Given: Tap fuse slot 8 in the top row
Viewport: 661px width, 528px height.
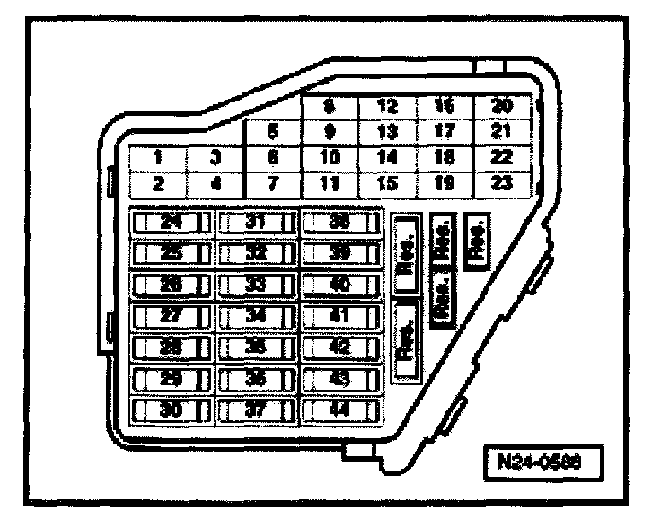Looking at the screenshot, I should [330, 106].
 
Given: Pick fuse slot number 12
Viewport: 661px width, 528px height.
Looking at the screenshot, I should [387, 106].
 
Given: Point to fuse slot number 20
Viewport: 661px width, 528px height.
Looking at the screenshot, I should [503, 106].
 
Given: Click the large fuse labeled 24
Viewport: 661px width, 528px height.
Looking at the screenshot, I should [171, 221].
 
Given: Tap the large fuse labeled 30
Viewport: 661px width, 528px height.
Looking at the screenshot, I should [171, 410].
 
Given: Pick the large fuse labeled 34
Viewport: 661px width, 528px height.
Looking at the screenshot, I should [256, 315].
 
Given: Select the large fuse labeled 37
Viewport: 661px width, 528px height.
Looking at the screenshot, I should [256, 410].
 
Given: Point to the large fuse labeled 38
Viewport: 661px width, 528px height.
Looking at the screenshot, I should [339, 221].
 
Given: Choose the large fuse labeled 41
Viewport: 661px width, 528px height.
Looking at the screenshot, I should [339, 315].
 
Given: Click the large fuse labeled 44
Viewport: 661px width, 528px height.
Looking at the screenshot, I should [339, 410].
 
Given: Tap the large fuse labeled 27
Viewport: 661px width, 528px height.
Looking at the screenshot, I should [171, 315].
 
